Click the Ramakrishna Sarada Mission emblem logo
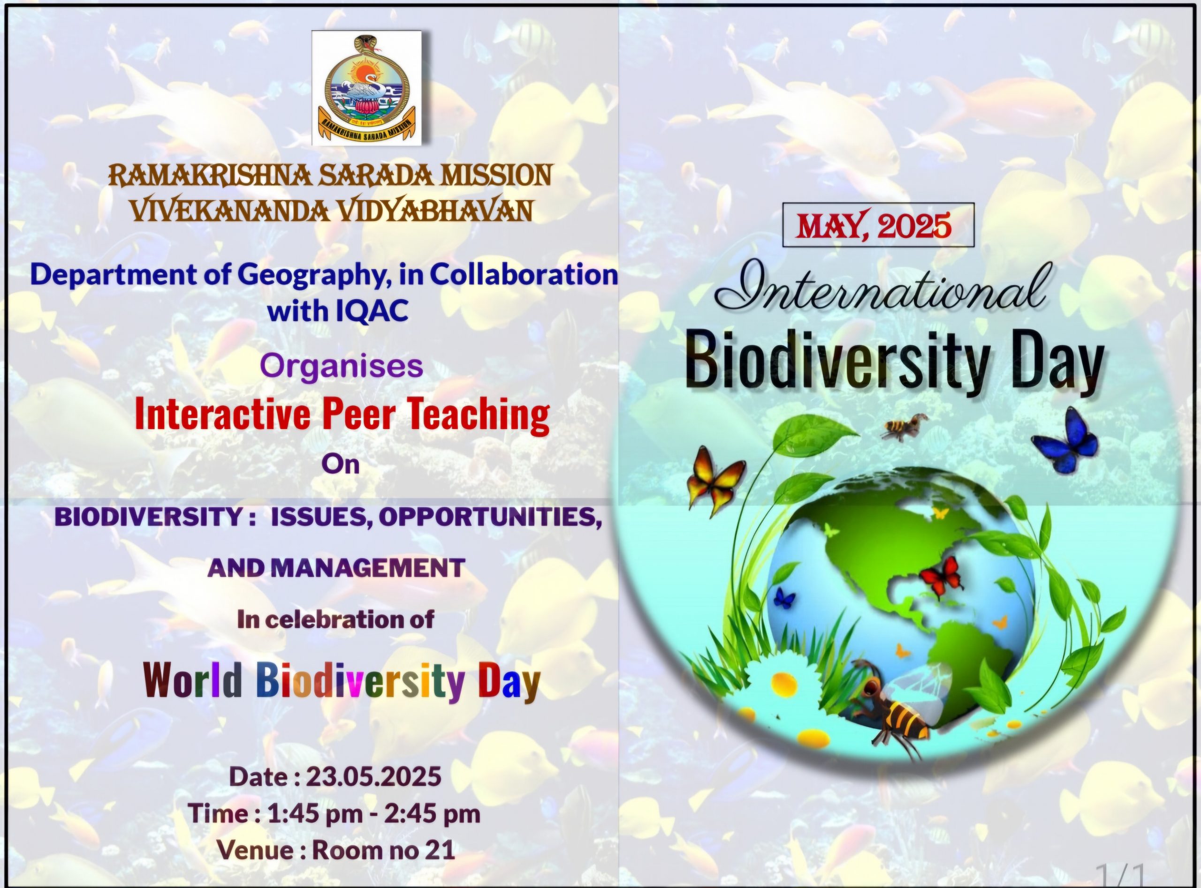(367, 88)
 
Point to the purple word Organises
(342, 366)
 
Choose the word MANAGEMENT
(367, 568)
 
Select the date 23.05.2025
(374, 776)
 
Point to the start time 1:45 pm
(315, 814)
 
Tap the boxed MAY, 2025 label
(878, 225)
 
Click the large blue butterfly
(1066, 440)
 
